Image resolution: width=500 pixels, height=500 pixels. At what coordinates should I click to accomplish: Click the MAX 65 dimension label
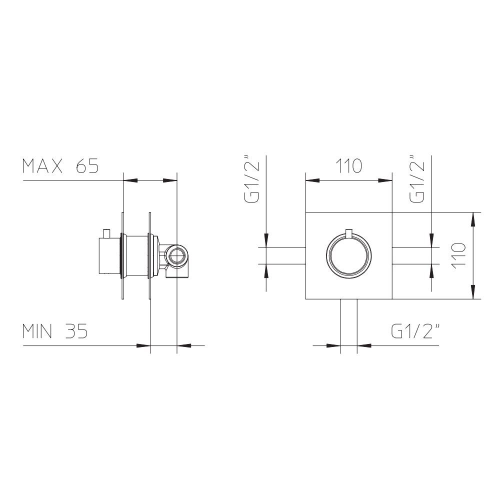[x=60, y=166]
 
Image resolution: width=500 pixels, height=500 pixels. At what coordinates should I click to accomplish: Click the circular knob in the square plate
[x=349, y=256]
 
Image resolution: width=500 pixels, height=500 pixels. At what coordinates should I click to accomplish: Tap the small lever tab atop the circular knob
[x=349, y=233]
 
